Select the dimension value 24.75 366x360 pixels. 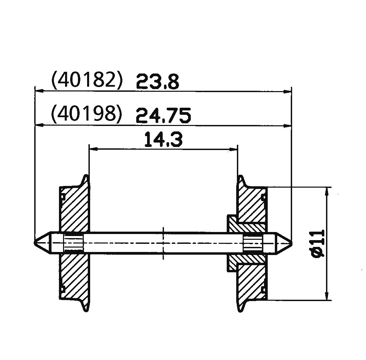point(163,116)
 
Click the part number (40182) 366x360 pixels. point(86,80)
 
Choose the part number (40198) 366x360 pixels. point(86,113)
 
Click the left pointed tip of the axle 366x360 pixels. point(35,243)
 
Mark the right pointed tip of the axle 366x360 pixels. point(291,243)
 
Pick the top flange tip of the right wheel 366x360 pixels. point(240,176)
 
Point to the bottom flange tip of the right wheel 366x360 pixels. point(240,310)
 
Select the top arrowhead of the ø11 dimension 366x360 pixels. point(327,190)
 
